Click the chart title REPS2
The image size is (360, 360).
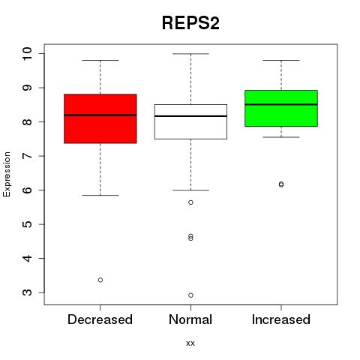[x=190, y=23]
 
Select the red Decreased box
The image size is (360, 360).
[x=100, y=118]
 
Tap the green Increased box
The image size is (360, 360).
[x=281, y=108]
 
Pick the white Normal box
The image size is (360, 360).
[x=190, y=121]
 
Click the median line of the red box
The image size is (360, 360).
[x=100, y=115]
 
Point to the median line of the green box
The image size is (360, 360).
[x=281, y=104]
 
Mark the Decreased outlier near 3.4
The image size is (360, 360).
[x=100, y=280]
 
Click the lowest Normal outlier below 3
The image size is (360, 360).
[x=190, y=295]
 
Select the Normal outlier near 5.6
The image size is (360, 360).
[x=190, y=202]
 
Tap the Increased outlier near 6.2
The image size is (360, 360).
[x=281, y=184]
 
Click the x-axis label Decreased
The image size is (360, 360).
[x=100, y=319]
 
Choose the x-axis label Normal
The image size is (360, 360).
[x=190, y=319]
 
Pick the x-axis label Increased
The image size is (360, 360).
[x=281, y=319]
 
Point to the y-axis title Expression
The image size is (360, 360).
[x=7, y=174]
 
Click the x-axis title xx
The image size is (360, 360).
[x=190, y=343]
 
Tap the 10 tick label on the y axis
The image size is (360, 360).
[x=27, y=53]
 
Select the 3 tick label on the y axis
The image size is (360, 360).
[x=27, y=292]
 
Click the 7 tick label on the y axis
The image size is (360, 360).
[x=27, y=156]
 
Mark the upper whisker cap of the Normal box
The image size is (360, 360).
[x=190, y=54]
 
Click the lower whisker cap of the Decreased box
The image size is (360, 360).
[x=100, y=195]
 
